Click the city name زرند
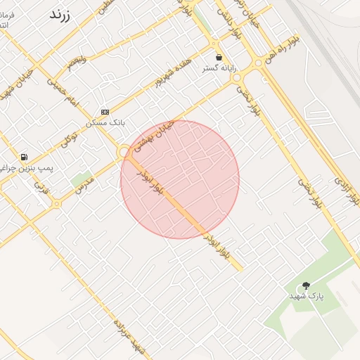coord(63,15)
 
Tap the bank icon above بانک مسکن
coord(105,111)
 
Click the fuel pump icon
coord(25,157)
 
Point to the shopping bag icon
coord(219,57)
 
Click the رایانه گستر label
coord(219,68)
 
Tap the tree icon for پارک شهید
coord(306,285)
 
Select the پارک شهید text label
coord(307,297)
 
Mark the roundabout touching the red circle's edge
coord(124,151)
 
